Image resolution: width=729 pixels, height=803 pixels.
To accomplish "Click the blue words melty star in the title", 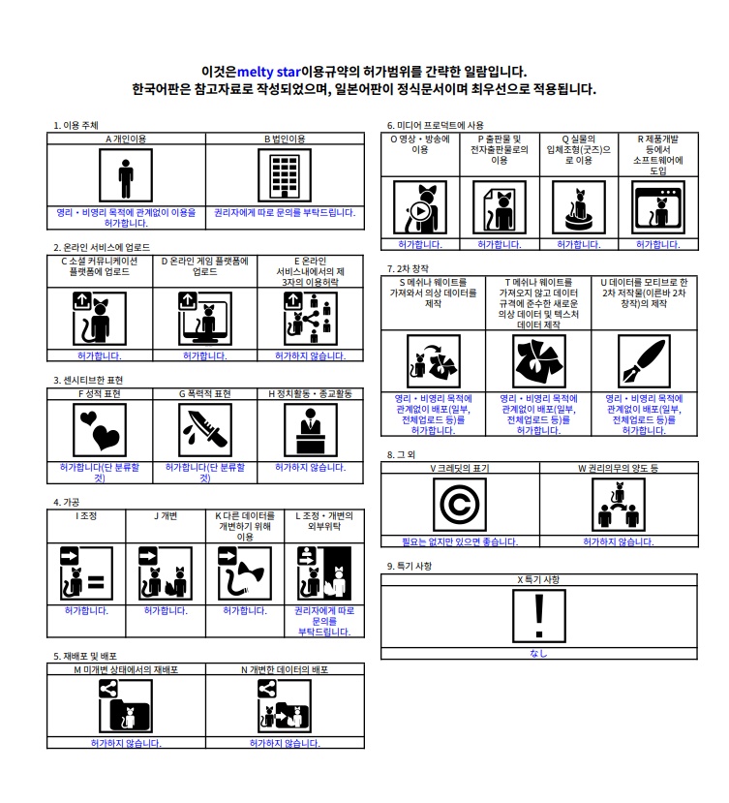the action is (x=269, y=72).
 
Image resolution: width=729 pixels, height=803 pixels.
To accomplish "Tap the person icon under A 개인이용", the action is (x=126, y=175).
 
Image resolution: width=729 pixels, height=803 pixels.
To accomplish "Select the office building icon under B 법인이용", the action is (x=285, y=175).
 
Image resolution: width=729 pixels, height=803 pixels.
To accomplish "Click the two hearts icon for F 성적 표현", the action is (x=100, y=430).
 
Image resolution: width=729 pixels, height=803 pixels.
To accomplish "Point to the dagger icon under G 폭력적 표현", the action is (x=205, y=430).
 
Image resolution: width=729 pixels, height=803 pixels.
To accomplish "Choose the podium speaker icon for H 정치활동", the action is (x=310, y=430).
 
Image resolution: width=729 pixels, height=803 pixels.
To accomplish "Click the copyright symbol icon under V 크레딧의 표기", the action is (x=460, y=505).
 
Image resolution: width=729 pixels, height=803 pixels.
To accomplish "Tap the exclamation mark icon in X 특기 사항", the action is (x=539, y=616).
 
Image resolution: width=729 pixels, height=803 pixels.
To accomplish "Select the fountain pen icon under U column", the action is (x=644, y=361).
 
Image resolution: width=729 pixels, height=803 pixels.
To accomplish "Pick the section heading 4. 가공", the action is (x=67, y=503).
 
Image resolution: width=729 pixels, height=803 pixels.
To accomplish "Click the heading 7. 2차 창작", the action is (x=408, y=269).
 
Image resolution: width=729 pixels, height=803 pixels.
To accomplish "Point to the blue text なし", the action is (x=538, y=654).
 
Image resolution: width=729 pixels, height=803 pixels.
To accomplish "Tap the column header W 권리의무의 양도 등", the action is (x=619, y=468).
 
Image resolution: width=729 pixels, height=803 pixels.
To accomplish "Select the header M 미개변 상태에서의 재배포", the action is (x=126, y=670).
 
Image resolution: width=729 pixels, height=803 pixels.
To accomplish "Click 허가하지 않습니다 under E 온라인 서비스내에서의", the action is (x=310, y=355).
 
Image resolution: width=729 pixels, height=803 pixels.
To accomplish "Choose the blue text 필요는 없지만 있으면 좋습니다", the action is (x=460, y=541).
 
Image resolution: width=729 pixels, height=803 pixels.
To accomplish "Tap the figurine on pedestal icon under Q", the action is (x=579, y=207).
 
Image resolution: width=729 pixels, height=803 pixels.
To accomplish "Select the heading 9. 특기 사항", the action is (x=410, y=566).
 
